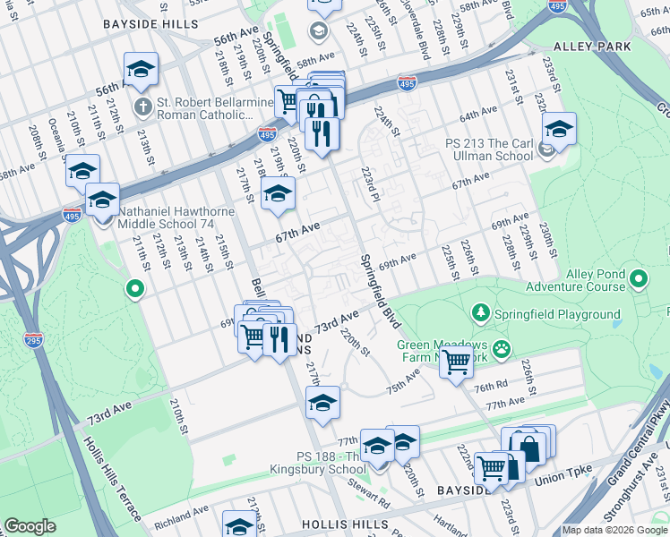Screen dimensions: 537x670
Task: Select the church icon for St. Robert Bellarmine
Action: tap(142, 107)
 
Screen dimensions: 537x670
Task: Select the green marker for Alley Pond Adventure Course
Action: tap(639, 280)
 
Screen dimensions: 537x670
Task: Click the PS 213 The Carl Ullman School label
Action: tap(491, 149)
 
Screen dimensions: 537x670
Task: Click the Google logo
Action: tap(30, 526)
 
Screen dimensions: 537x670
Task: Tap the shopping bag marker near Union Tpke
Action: tap(528, 445)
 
